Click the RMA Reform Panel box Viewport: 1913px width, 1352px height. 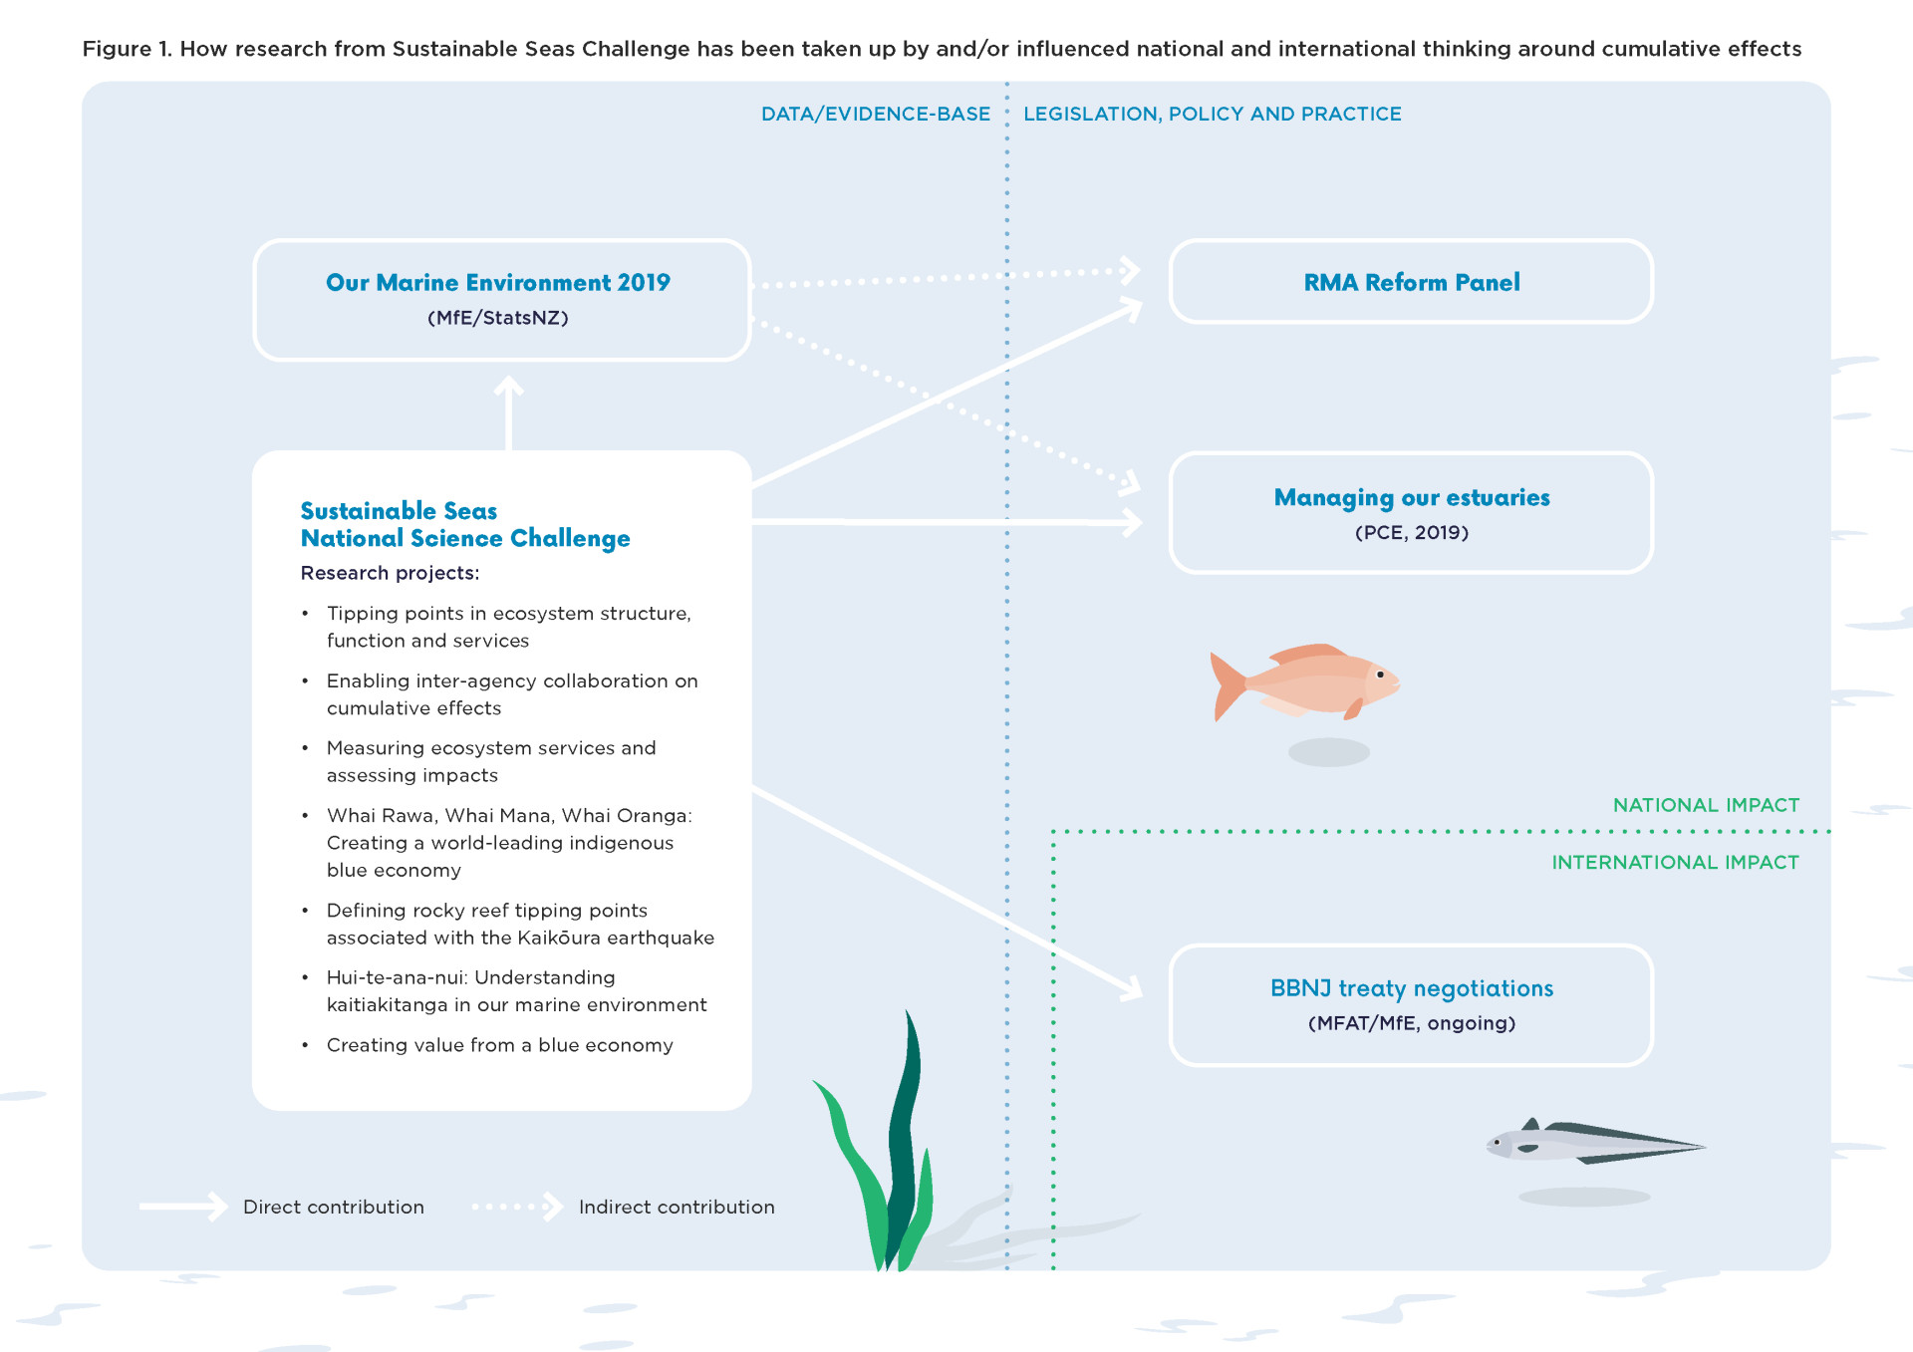point(1411,282)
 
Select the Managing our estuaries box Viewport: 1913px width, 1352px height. point(1411,513)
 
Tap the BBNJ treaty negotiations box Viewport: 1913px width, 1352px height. point(1411,1004)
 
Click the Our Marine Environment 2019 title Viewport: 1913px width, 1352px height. point(498,283)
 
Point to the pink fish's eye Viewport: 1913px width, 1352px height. point(1380,675)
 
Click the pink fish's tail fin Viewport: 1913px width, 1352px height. point(1227,684)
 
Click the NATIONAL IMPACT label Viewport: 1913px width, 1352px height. point(1706,805)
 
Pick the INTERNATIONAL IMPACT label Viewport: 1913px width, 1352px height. point(1675,863)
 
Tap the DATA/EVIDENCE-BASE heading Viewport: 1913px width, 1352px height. point(875,115)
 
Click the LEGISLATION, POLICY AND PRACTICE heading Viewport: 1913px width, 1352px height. point(1212,115)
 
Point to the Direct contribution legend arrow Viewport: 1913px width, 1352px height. point(184,1207)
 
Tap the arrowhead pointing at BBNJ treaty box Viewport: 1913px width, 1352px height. point(1133,989)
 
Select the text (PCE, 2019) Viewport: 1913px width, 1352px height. point(1411,533)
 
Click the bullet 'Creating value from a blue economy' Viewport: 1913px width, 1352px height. point(499,1045)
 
